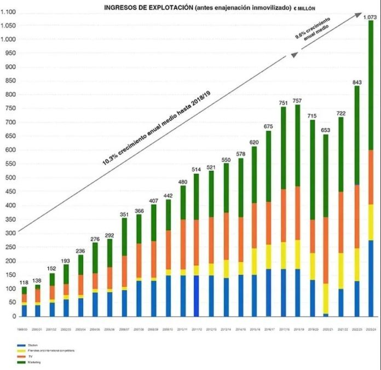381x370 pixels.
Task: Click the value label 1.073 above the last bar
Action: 370,17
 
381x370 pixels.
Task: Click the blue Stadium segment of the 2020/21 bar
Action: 326,315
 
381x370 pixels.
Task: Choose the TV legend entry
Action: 27,356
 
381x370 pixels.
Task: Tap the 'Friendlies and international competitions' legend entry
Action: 49,351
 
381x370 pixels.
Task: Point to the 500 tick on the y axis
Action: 9,178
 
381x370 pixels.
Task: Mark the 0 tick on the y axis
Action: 14,316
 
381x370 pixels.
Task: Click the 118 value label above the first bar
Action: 24,282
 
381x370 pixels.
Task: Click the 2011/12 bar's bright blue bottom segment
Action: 196,296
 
